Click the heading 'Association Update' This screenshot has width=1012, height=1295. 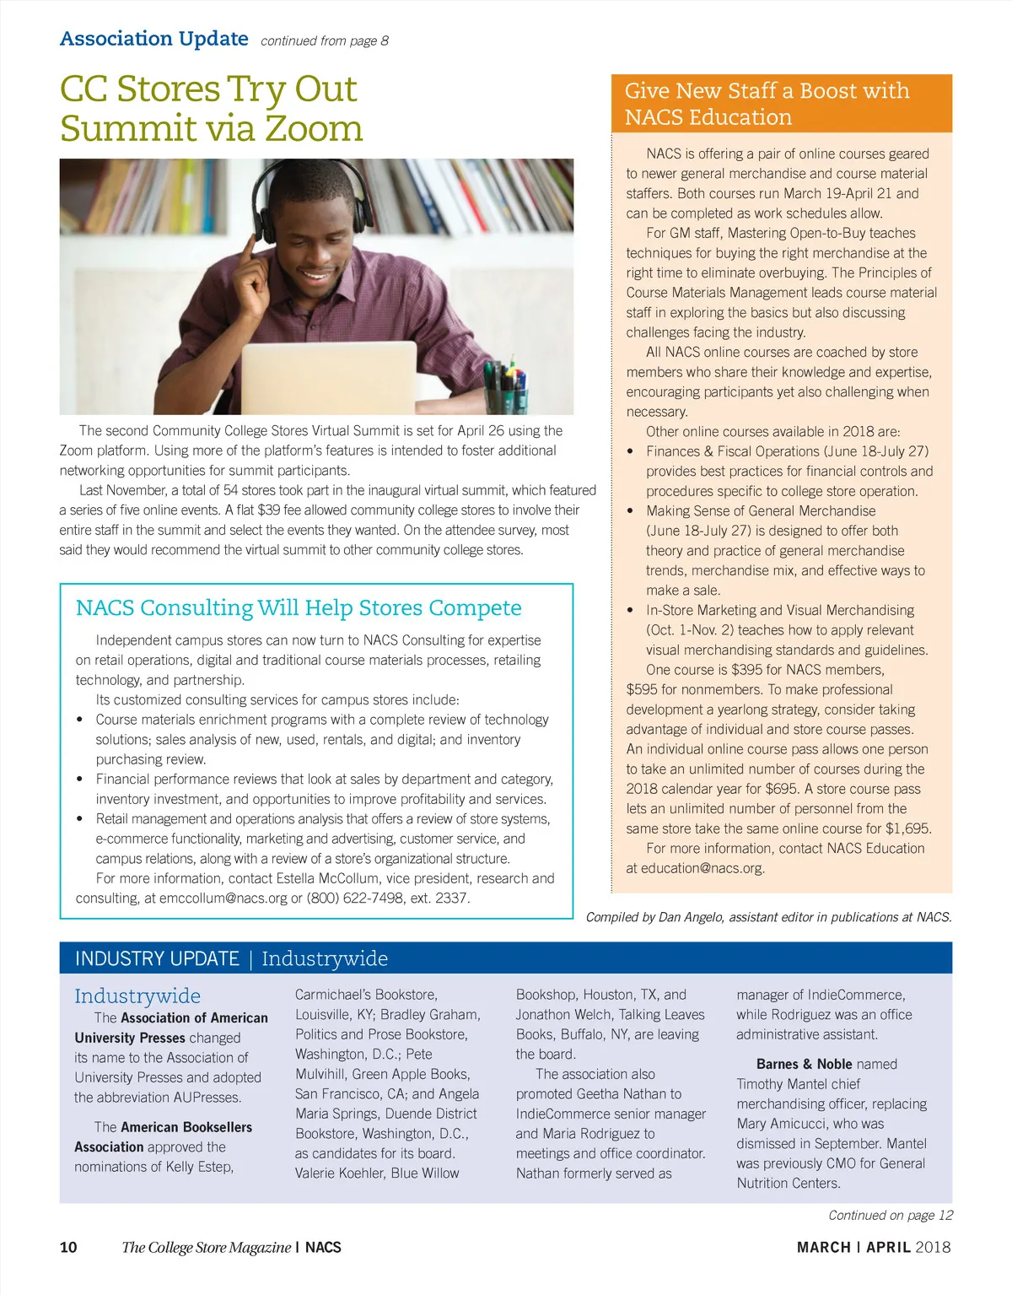coord(154,39)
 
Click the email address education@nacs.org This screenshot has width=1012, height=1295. coord(702,868)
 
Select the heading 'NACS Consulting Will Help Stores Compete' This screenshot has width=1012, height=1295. coord(299,607)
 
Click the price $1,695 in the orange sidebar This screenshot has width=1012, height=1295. coord(908,828)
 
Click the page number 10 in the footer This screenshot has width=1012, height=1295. coord(68,1247)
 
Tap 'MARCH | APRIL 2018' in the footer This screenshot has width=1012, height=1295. coord(873,1247)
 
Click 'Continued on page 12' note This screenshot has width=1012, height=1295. coord(890,1215)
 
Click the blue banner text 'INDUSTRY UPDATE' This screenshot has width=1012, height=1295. coord(157,958)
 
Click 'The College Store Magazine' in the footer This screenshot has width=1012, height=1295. coord(206,1247)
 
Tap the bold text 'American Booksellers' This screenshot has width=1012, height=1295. coord(186,1127)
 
